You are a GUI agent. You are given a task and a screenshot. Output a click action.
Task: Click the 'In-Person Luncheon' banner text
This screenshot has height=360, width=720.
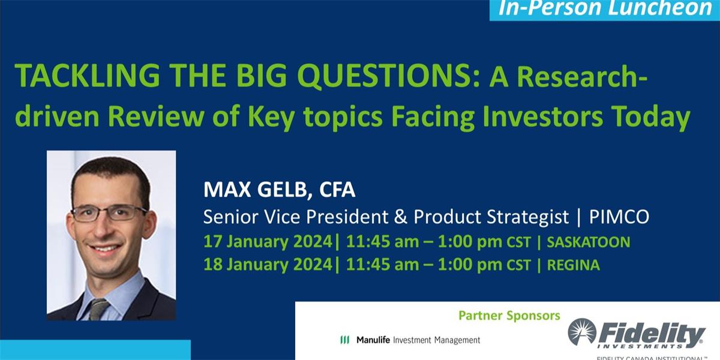point(605,9)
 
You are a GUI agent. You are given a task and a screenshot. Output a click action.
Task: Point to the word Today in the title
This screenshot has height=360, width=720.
point(660,118)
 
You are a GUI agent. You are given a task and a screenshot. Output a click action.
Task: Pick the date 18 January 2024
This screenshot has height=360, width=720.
point(268,265)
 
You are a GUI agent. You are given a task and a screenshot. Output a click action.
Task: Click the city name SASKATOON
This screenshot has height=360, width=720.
point(588,242)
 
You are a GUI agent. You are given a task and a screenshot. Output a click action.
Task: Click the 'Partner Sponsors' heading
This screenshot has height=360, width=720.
point(509,315)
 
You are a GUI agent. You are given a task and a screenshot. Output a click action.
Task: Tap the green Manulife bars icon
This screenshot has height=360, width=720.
point(344,340)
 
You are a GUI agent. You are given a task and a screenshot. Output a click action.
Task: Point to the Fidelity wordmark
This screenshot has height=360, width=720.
point(651,333)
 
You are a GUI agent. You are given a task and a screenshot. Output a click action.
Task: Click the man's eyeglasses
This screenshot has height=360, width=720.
point(110,212)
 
